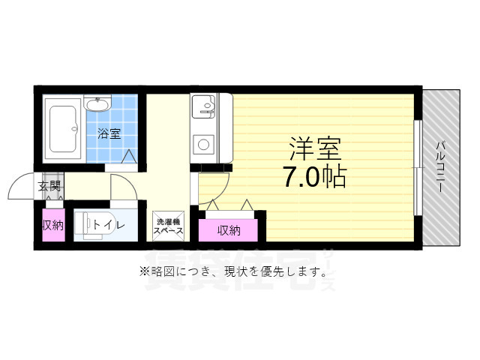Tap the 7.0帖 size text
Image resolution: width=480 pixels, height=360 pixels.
coord(314,177)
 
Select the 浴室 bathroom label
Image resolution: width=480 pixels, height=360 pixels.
coord(109,134)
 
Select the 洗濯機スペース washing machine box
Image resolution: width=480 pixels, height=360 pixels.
coord(168,226)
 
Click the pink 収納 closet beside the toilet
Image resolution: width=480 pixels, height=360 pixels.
coord(52,225)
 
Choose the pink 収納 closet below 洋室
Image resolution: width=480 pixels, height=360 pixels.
coord(229,229)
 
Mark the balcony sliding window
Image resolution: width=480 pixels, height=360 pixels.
coord(418,166)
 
